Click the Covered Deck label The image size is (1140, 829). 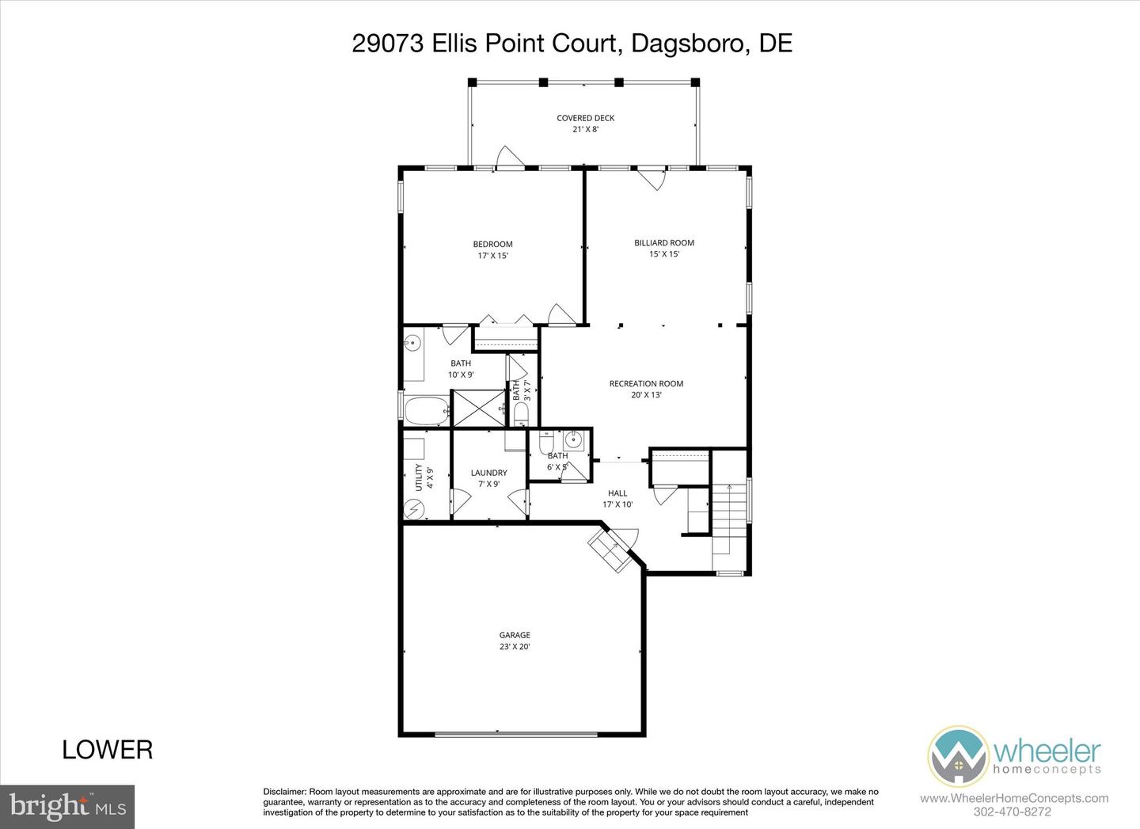tap(585, 123)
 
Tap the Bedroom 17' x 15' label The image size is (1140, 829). tap(492, 249)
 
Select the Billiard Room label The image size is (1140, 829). tap(664, 248)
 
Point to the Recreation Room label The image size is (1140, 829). tap(646, 389)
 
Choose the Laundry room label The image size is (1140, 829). tap(488, 478)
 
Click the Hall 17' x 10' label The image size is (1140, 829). tap(617, 498)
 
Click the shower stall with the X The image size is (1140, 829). tap(478, 408)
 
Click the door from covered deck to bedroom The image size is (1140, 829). tap(509, 158)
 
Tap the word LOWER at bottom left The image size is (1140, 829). tap(108, 749)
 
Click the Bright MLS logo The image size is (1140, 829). tap(67, 806)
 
